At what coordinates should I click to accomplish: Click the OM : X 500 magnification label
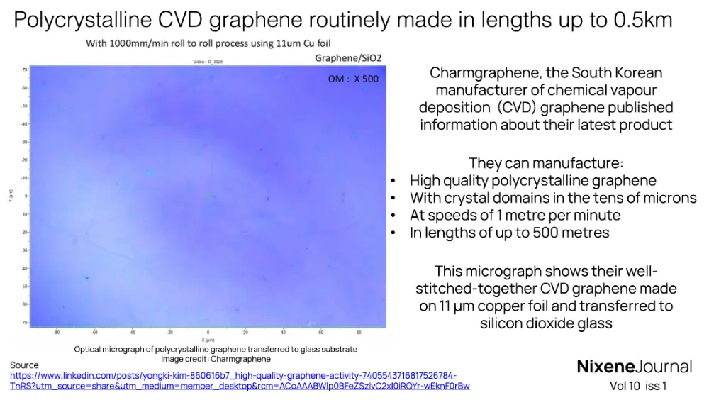[x=353, y=79]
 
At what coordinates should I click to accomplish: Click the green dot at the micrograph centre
[x=208, y=196]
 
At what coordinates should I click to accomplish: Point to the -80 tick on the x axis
[x=56, y=332]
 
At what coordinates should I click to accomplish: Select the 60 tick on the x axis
[x=320, y=332]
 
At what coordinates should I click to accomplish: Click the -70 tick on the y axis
[x=23, y=70]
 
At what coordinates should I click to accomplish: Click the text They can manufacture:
[x=546, y=163]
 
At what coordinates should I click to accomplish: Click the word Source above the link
[x=24, y=365]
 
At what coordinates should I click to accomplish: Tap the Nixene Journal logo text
[x=634, y=366]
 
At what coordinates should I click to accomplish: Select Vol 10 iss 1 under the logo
[x=638, y=387]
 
